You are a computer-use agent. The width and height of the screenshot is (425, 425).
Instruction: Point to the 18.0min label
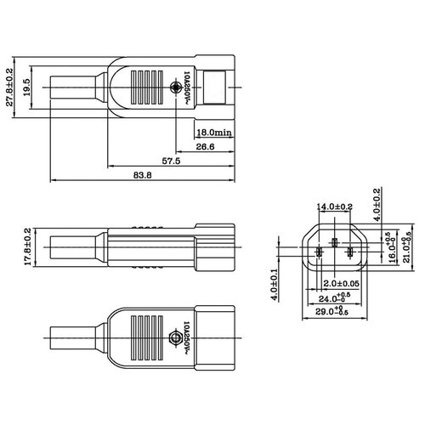tap(213, 133)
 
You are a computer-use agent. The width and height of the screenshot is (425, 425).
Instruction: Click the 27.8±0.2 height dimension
tap(10, 89)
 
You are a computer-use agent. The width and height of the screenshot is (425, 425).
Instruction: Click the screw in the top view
tap(175, 88)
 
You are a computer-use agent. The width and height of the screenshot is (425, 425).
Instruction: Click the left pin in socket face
tap(319, 252)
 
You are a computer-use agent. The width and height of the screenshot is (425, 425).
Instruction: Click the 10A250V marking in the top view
tap(188, 88)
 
